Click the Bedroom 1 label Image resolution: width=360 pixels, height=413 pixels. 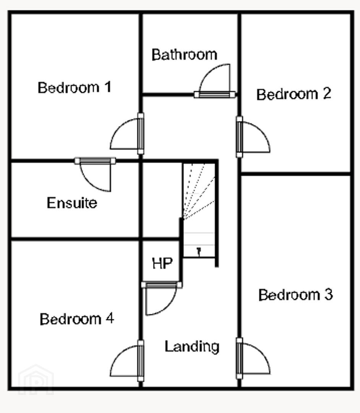(75, 88)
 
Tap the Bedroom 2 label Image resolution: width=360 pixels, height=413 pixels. (294, 94)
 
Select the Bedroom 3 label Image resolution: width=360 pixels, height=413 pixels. (295, 294)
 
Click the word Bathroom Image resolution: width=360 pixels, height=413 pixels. (185, 55)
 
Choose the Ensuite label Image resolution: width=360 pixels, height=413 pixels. (72, 203)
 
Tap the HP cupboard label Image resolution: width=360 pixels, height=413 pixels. (162, 263)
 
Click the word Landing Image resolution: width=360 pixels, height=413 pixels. (192, 346)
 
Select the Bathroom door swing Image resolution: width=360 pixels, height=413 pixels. (214, 81)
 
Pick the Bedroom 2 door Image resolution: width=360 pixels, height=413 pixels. (253, 137)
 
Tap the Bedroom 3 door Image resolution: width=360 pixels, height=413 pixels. (253, 358)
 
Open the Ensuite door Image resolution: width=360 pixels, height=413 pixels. (95, 174)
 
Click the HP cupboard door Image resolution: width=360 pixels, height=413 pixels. (161, 298)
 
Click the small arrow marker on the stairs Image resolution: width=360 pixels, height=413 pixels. (199, 252)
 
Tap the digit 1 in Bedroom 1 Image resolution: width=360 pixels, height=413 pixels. (108, 87)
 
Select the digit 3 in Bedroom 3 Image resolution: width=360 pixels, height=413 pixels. (329, 294)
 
